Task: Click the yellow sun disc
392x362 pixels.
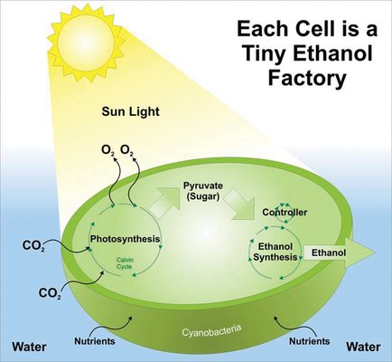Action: click(x=86, y=43)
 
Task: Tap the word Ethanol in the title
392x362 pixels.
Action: click(x=333, y=53)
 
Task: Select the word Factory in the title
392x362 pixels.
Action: click(x=307, y=78)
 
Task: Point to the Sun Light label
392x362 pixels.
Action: click(x=130, y=111)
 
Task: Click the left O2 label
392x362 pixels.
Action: click(x=108, y=150)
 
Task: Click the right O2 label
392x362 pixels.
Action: click(x=126, y=150)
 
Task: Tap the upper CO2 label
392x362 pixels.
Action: click(x=33, y=246)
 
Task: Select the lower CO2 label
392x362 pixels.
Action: click(x=50, y=293)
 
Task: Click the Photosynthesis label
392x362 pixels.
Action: click(x=125, y=239)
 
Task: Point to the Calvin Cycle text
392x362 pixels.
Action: click(x=124, y=263)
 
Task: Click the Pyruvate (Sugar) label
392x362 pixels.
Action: click(x=203, y=191)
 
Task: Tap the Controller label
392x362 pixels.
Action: click(x=285, y=213)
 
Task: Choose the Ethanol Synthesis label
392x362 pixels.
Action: click(x=275, y=252)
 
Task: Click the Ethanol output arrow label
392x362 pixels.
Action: click(x=329, y=252)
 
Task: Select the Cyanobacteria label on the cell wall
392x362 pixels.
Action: click(x=211, y=330)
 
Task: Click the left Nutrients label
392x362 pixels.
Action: click(x=95, y=341)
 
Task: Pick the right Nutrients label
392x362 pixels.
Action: click(x=309, y=341)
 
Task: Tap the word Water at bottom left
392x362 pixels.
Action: click(x=29, y=347)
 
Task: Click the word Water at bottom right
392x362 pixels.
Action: click(x=363, y=347)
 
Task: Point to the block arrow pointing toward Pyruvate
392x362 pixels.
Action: click(x=164, y=202)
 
